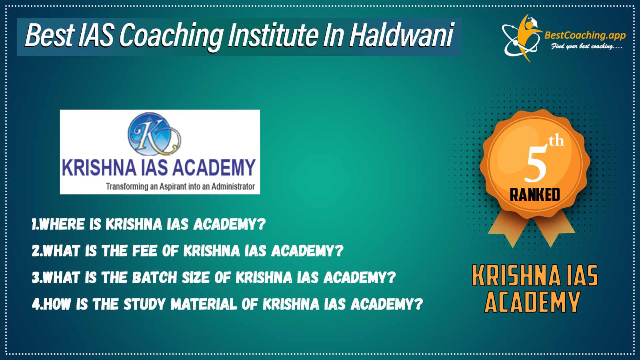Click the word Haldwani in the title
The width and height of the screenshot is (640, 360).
(x=402, y=36)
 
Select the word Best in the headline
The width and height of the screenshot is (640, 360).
(x=50, y=36)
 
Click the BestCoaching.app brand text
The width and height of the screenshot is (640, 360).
(x=585, y=36)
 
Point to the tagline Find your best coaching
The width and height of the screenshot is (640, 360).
(x=587, y=46)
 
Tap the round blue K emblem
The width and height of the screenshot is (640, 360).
(x=154, y=134)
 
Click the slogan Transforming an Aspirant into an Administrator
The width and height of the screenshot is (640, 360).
(x=180, y=186)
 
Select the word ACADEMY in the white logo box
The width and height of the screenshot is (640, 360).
(x=214, y=167)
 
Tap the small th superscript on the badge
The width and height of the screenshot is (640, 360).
(x=556, y=141)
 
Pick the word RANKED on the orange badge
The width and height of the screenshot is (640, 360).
(x=535, y=195)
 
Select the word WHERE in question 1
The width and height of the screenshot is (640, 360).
(x=62, y=224)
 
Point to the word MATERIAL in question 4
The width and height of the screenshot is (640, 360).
(x=204, y=304)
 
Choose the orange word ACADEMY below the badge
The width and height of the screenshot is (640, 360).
(x=532, y=302)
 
